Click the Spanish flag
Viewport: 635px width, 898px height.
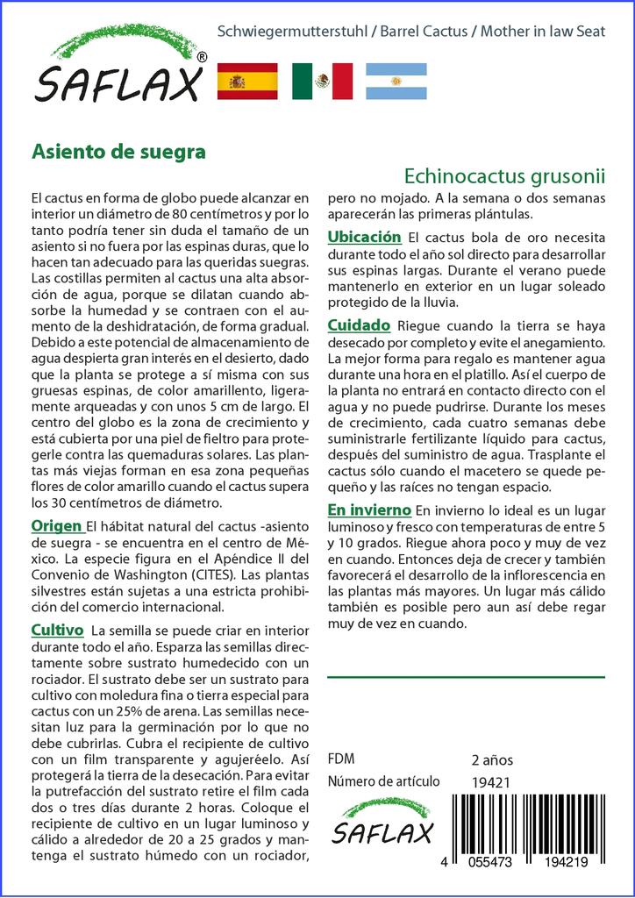pos(246,81)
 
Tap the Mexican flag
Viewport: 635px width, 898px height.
pos(322,81)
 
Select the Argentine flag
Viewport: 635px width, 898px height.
pos(396,81)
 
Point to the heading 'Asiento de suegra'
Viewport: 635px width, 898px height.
pos(118,151)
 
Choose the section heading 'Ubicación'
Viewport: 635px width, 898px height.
pos(364,237)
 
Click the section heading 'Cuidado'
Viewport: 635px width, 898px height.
pos(359,325)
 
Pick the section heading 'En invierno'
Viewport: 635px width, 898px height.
pos(369,510)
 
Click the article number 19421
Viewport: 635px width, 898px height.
pos(491,781)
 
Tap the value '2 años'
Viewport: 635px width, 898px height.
pos(492,759)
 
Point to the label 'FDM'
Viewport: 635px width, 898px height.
pos(341,759)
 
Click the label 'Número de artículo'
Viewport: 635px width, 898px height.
pos(383,781)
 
